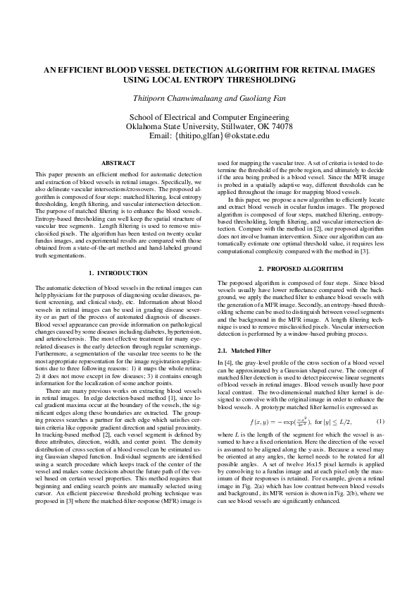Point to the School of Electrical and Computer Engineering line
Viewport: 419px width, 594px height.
(x=209, y=116)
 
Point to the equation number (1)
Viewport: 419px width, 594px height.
(x=380, y=421)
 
